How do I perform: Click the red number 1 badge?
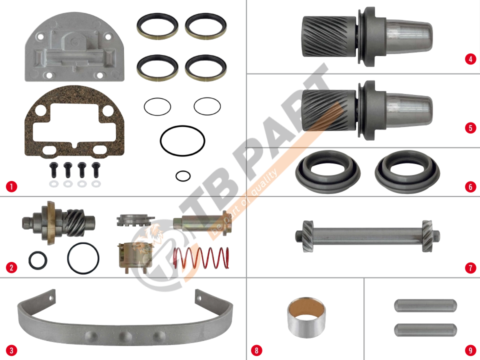pyautogui.click(x=11, y=186)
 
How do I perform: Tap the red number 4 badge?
pyautogui.click(x=470, y=59)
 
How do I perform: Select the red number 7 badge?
pyautogui.click(x=470, y=268)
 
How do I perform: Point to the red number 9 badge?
pyautogui.click(x=470, y=350)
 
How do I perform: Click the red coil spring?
pyautogui.click(x=201, y=258)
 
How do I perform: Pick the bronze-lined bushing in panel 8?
pyautogui.click(x=306, y=317)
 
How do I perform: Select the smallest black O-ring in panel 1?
pyautogui.click(x=183, y=176)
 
